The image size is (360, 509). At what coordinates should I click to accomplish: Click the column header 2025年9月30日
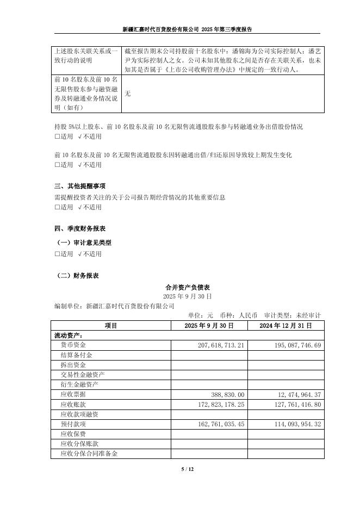(x=209, y=325)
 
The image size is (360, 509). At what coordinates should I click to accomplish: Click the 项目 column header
(x=111, y=325)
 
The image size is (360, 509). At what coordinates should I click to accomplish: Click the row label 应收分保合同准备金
(x=89, y=453)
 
